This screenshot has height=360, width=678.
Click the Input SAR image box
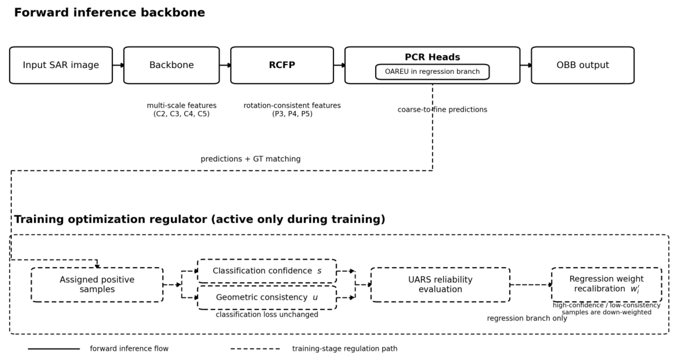[61, 65]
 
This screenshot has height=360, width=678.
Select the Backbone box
[171, 65]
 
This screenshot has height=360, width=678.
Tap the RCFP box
[282, 65]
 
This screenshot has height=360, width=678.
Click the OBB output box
[582, 65]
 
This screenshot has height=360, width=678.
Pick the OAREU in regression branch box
[432, 72]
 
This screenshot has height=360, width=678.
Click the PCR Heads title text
[432, 57]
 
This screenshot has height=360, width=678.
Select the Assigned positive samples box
[97, 285]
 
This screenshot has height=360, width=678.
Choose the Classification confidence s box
[267, 271]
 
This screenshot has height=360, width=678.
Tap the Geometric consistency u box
[267, 298]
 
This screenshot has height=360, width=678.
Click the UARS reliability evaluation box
[440, 285]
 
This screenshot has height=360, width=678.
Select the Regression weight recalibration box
[606, 284]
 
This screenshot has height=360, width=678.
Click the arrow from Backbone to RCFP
[225, 65]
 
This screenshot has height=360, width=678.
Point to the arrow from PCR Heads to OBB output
[526, 65]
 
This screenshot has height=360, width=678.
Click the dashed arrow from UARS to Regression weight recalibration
[531, 285]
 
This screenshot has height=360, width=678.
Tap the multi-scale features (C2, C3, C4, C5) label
[182, 110]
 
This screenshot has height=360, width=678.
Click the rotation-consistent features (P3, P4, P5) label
[292, 110]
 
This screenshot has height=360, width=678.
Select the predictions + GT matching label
[251, 159]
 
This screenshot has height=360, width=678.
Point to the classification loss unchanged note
[267, 314]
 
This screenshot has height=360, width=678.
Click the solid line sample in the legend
[54, 349]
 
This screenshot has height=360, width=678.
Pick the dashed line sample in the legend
[255, 349]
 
